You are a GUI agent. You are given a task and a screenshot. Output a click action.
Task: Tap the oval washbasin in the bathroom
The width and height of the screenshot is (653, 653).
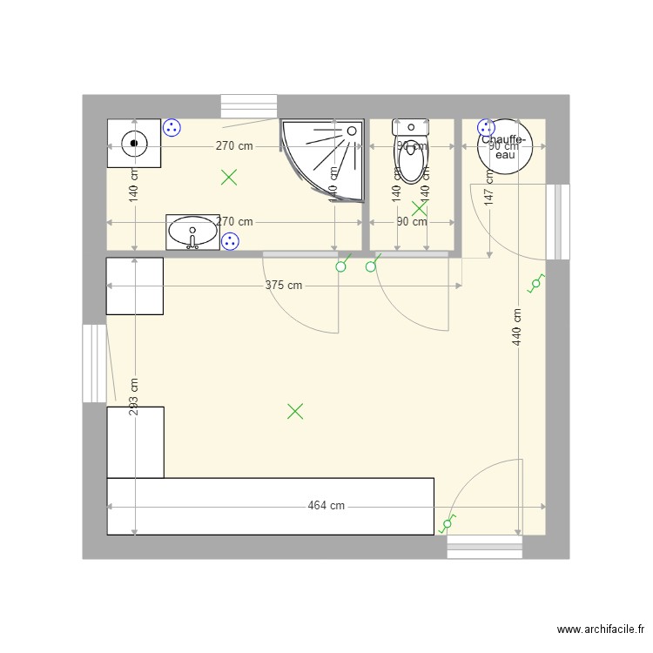(192, 233)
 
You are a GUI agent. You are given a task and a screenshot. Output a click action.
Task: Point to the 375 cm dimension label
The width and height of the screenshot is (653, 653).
(285, 286)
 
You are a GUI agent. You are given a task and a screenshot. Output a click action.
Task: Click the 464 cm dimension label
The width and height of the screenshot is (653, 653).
(326, 506)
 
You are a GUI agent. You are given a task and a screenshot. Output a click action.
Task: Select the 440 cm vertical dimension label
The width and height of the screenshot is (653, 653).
(518, 327)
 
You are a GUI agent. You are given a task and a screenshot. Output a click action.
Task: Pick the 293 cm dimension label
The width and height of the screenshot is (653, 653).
(134, 397)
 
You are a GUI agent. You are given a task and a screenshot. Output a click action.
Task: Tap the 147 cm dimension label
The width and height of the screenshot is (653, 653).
(489, 186)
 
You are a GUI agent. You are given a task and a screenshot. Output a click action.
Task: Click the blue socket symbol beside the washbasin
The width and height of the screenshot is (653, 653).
(230, 241)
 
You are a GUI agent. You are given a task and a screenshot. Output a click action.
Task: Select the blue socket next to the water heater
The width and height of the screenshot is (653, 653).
(486, 127)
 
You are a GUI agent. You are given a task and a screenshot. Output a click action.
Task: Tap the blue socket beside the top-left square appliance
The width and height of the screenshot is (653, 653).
(172, 128)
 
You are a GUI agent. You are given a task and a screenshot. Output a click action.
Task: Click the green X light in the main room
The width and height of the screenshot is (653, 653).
(295, 411)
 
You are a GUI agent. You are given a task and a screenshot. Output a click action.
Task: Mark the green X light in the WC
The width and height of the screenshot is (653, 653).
(420, 208)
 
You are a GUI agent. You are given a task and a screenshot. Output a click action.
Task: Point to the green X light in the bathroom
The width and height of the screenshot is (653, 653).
(229, 178)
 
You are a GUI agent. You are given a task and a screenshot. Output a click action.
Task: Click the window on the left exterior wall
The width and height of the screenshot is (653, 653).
(94, 363)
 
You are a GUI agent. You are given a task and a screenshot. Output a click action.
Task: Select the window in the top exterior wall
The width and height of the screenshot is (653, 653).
(249, 105)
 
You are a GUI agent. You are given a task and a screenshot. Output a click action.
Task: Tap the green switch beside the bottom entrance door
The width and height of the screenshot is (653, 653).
(448, 525)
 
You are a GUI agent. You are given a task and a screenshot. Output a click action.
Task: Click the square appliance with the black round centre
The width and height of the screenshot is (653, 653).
(134, 143)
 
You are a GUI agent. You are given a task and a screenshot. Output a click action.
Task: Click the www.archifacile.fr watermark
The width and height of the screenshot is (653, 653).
(601, 629)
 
